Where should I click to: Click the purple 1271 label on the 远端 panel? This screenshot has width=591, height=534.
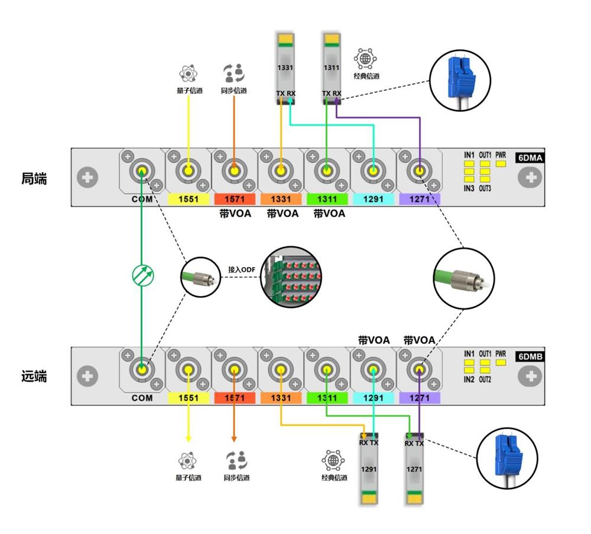coord(420,398)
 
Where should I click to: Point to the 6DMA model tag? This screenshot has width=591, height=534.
coord(530,158)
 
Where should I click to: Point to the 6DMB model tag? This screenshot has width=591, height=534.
coord(530,356)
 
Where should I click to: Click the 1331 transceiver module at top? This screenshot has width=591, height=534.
coord(285,68)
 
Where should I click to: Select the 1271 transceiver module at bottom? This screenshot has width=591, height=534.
coord(414,471)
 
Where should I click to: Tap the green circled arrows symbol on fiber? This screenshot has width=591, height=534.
coord(142,276)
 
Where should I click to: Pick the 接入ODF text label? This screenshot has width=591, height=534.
coord(241,269)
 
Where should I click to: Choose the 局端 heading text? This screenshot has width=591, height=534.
coord(34,178)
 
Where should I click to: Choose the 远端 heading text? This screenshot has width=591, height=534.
coord(34,376)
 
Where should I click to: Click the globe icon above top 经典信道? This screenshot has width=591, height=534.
coord(365,59)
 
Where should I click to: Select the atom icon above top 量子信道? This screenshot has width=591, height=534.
coord(188,74)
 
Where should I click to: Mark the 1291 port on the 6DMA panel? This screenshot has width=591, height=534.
coord(374,172)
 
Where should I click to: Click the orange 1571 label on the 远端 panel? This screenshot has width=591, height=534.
coord(234,398)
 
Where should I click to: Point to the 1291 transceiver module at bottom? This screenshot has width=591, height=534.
coord(369,471)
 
